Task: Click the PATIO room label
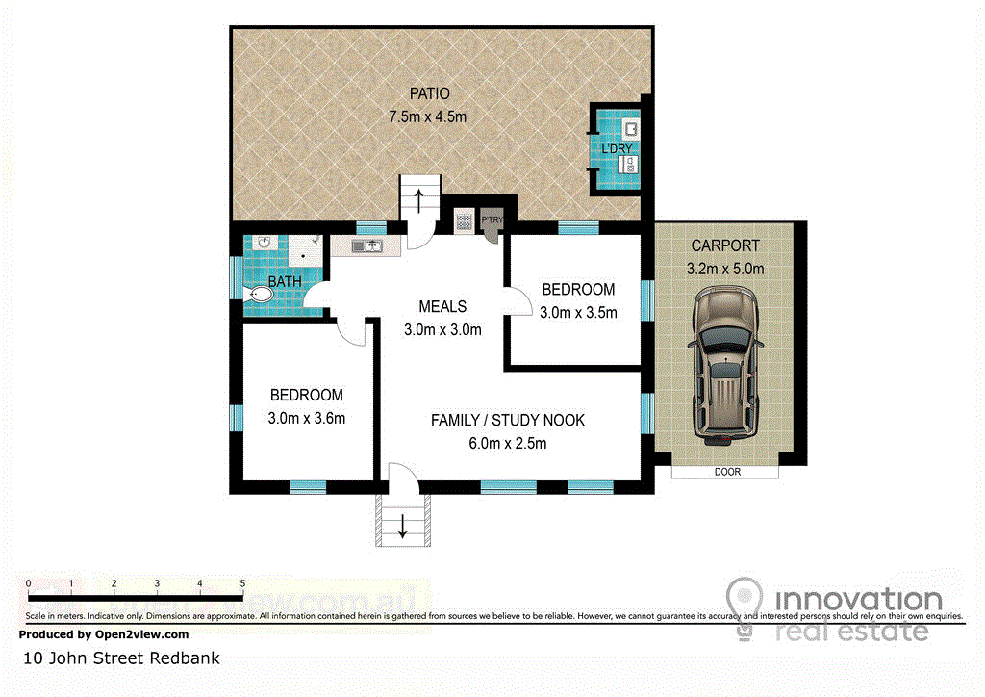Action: pyautogui.click(x=430, y=93)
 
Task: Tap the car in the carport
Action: pyautogui.click(x=725, y=365)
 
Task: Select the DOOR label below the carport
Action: pyautogui.click(x=727, y=472)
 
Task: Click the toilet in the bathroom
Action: pyautogui.click(x=258, y=294)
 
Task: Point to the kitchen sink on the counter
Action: pyautogui.click(x=366, y=245)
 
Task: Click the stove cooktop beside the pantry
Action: pyautogui.click(x=465, y=221)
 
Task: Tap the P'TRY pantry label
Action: pyautogui.click(x=492, y=219)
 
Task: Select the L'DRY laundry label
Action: pyautogui.click(x=617, y=149)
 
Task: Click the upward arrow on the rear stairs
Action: pyautogui.click(x=419, y=200)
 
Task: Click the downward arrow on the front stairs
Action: pyautogui.click(x=403, y=526)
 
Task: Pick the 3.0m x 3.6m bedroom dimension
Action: pyautogui.click(x=307, y=418)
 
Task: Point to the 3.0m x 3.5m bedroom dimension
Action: pyautogui.click(x=578, y=312)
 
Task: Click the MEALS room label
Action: pyautogui.click(x=442, y=307)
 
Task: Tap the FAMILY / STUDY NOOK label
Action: pyautogui.click(x=508, y=420)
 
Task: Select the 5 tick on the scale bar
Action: pyautogui.click(x=242, y=583)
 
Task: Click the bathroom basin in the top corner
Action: pyautogui.click(x=265, y=243)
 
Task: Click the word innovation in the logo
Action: pyautogui.click(x=859, y=599)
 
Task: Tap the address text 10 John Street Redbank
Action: pyautogui.click(x=121, y=658)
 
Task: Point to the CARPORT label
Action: pyautogui.click(x=725, y=245)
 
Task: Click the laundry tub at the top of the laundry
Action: pyautogui.click(x=630, y=129)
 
